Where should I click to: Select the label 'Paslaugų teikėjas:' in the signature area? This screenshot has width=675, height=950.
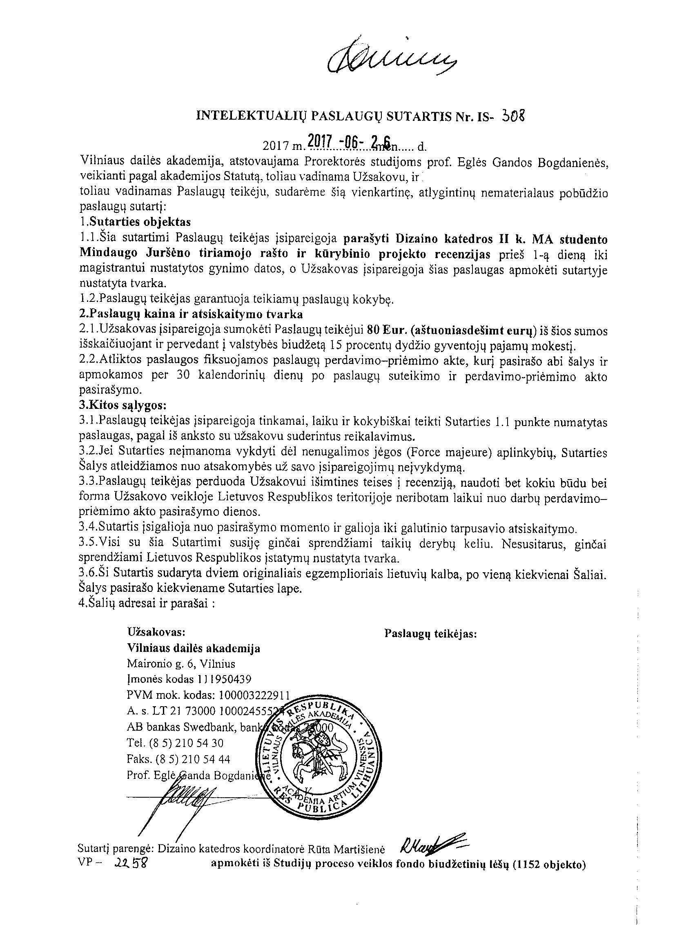(430, 633)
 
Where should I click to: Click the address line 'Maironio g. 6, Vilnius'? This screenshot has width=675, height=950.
(181, 664)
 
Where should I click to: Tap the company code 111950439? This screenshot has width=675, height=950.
(225, 679)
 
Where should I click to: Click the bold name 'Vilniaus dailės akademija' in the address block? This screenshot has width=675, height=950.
(194, 648)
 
